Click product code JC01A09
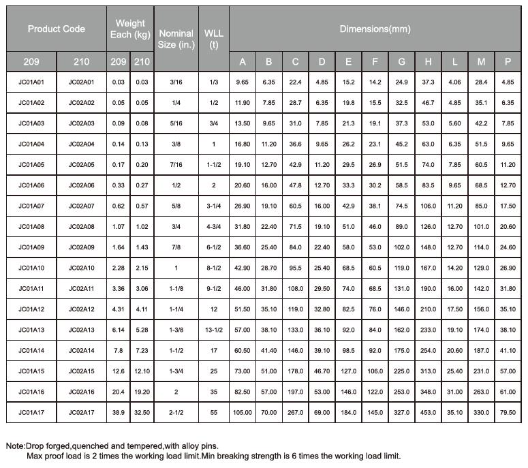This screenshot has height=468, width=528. coord(31,247)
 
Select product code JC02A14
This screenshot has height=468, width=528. coord(81,350)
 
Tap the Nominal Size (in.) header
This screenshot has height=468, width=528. coord(176,40)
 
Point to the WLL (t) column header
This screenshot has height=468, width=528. coord(213,40)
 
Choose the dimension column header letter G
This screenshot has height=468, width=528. coord(402,62)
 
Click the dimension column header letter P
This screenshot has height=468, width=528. coord(508,62)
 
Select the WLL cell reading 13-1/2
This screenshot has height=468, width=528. coord(214,330)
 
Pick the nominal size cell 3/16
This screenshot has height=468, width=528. coord(176,82)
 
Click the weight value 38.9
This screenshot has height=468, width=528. coord(118,413)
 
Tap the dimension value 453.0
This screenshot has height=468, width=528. coord(428,413)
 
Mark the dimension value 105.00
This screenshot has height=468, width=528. coord(243,413)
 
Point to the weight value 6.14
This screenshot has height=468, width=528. coord(118,330)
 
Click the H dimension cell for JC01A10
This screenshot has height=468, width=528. coord(428,268)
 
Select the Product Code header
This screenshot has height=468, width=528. coord(56,29)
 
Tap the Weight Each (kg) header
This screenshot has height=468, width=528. coord(129,29)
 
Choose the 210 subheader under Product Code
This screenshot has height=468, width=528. coord(81,62)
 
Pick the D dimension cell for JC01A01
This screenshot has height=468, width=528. coord(322,82)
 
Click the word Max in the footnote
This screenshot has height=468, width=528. coord(35,456)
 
